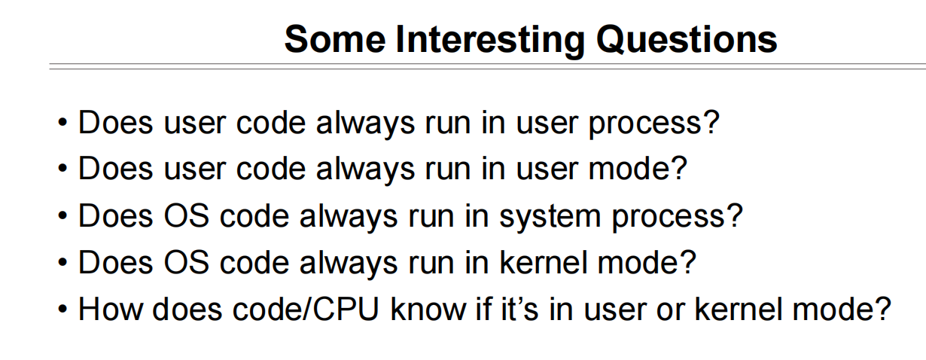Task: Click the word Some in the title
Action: tap(335, 39)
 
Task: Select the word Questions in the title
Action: tap(687, 40)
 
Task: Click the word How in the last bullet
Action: tap(111, 309)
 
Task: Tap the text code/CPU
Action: tap(306, 309)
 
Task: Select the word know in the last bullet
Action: tap(428, 309)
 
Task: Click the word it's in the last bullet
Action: tap(519, 309)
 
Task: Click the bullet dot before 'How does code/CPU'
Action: tap(62, 310)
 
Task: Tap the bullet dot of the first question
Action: tap(62, 123)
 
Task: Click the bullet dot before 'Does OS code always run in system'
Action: tap(62, 216)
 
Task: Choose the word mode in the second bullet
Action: tap(630, 169)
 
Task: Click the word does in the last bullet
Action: tap(187, 309)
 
